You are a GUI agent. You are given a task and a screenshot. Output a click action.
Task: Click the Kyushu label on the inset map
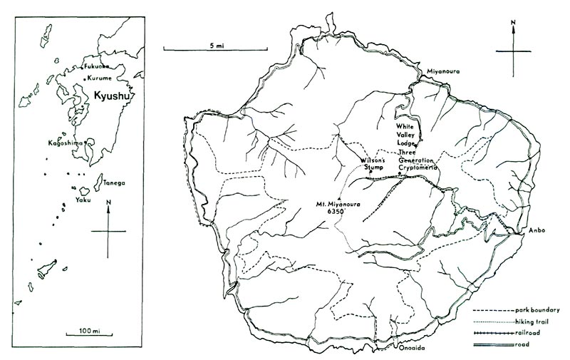pos(115,96)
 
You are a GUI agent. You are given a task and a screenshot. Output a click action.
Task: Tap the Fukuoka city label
pos(98,66)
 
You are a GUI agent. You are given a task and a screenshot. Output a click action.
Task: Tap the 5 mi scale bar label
pos(217,45)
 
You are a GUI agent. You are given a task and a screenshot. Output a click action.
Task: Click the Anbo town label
pos(537,230)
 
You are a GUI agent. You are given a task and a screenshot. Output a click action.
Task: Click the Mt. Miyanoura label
pos(340,205)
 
